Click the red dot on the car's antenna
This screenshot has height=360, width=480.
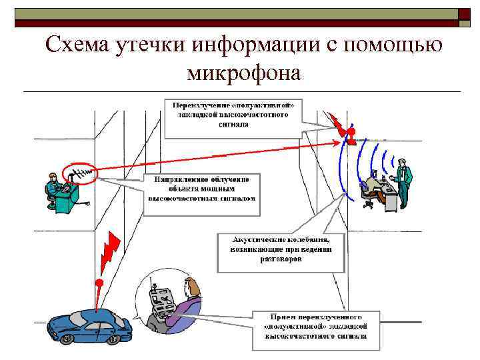(x=99, y=283)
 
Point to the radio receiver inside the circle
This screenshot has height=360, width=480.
(x=162, y=300)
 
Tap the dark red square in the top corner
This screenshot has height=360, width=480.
(x=464, y=15)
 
